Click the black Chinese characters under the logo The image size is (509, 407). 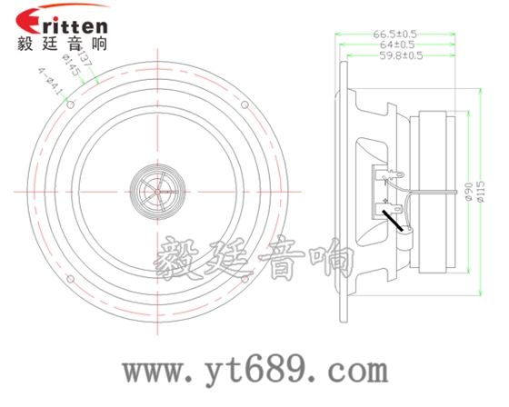[x=62, y=42]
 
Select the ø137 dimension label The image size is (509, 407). [x=86, y=56]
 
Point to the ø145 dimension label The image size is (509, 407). [x=71, y=67]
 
